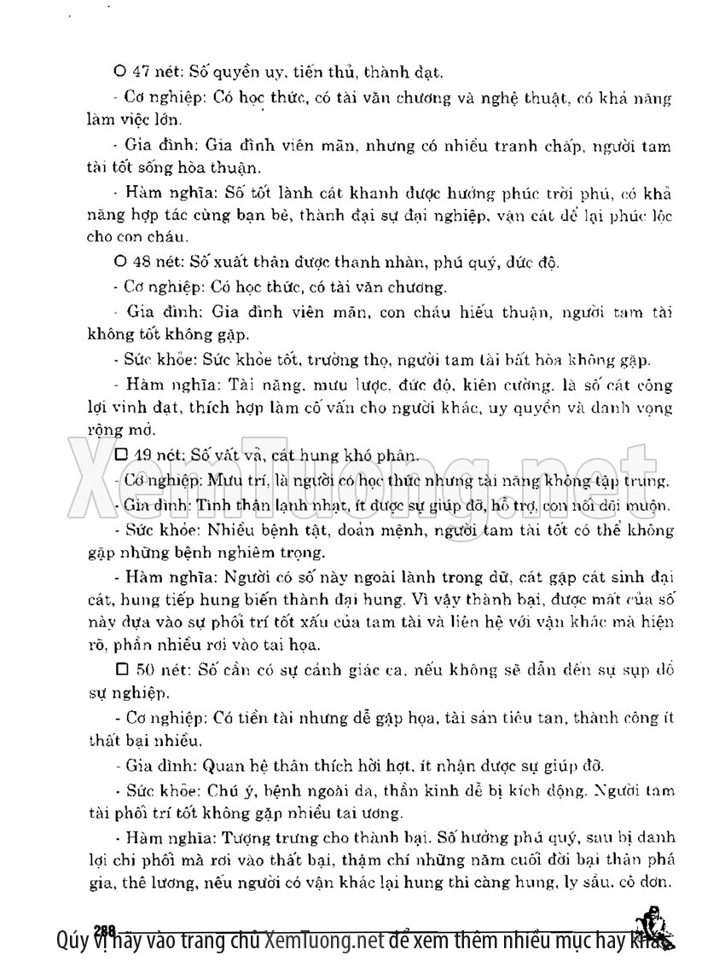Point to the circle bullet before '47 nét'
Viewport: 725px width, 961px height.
point(119,71)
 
